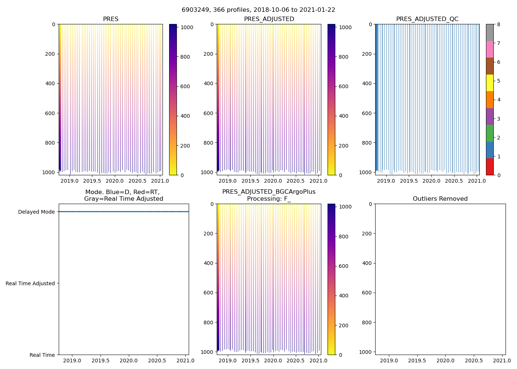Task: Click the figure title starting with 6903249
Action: (258, 10)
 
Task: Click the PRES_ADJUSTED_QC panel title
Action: (427, 19)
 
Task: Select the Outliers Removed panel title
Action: (440, 199)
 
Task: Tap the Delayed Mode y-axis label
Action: (36, 212)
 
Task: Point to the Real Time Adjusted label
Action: (30, 283)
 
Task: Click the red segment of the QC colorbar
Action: (490, 167)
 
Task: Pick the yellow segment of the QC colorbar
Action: (490, 83)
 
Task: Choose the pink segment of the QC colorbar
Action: (490, 49)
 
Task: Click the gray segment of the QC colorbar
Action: (490, 32)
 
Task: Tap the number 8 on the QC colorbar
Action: (499, 24)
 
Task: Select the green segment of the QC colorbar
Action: (490, 133)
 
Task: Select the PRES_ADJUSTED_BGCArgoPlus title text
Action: (268, 192)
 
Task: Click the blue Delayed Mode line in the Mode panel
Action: (124, 212)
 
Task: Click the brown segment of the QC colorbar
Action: (490, 66)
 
